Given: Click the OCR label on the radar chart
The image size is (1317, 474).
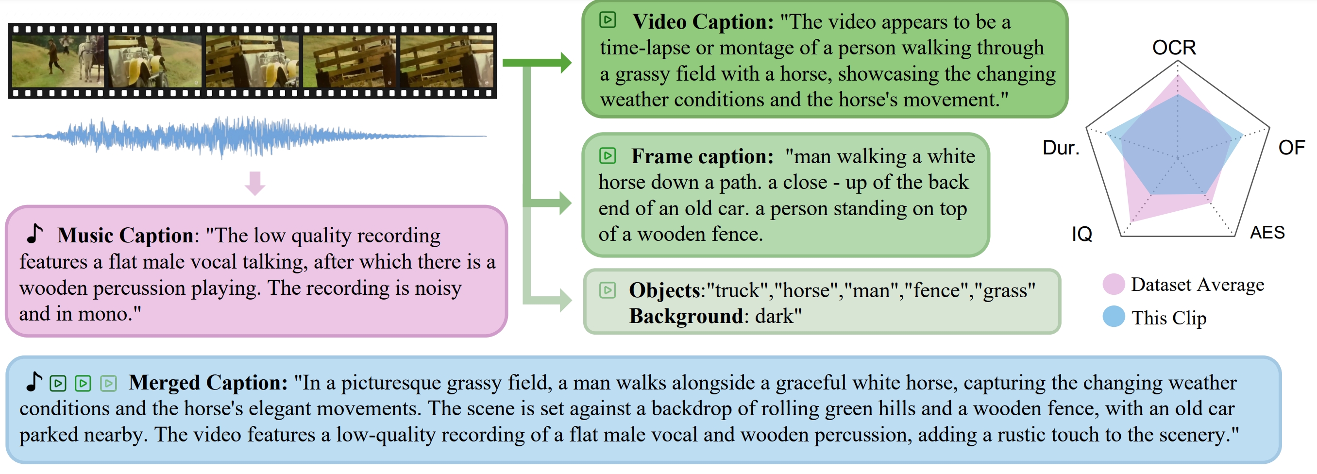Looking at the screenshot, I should (1174, 48).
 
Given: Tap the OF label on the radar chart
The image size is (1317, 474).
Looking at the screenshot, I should (1291, 148).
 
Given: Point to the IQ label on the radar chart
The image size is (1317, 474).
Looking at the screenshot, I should (1082, 234).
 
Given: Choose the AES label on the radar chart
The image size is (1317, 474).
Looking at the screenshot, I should (1267, 233).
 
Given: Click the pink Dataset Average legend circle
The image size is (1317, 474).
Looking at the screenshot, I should (1114, 284).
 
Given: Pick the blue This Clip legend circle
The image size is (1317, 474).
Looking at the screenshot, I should (1114, 317).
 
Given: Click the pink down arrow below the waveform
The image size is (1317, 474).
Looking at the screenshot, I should (254, 184).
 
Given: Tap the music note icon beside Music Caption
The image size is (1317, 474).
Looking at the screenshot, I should (35, 234).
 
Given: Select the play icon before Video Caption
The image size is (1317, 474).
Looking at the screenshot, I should (608, 20).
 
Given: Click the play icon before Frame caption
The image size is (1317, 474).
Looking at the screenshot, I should (608, 155).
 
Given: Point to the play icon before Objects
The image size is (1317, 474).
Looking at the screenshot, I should (608, 290).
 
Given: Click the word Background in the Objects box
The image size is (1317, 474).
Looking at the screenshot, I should (686, 317).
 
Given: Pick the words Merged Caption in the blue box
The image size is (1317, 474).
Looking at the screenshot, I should (207, 383).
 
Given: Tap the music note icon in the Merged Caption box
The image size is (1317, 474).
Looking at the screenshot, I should (34, 381).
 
